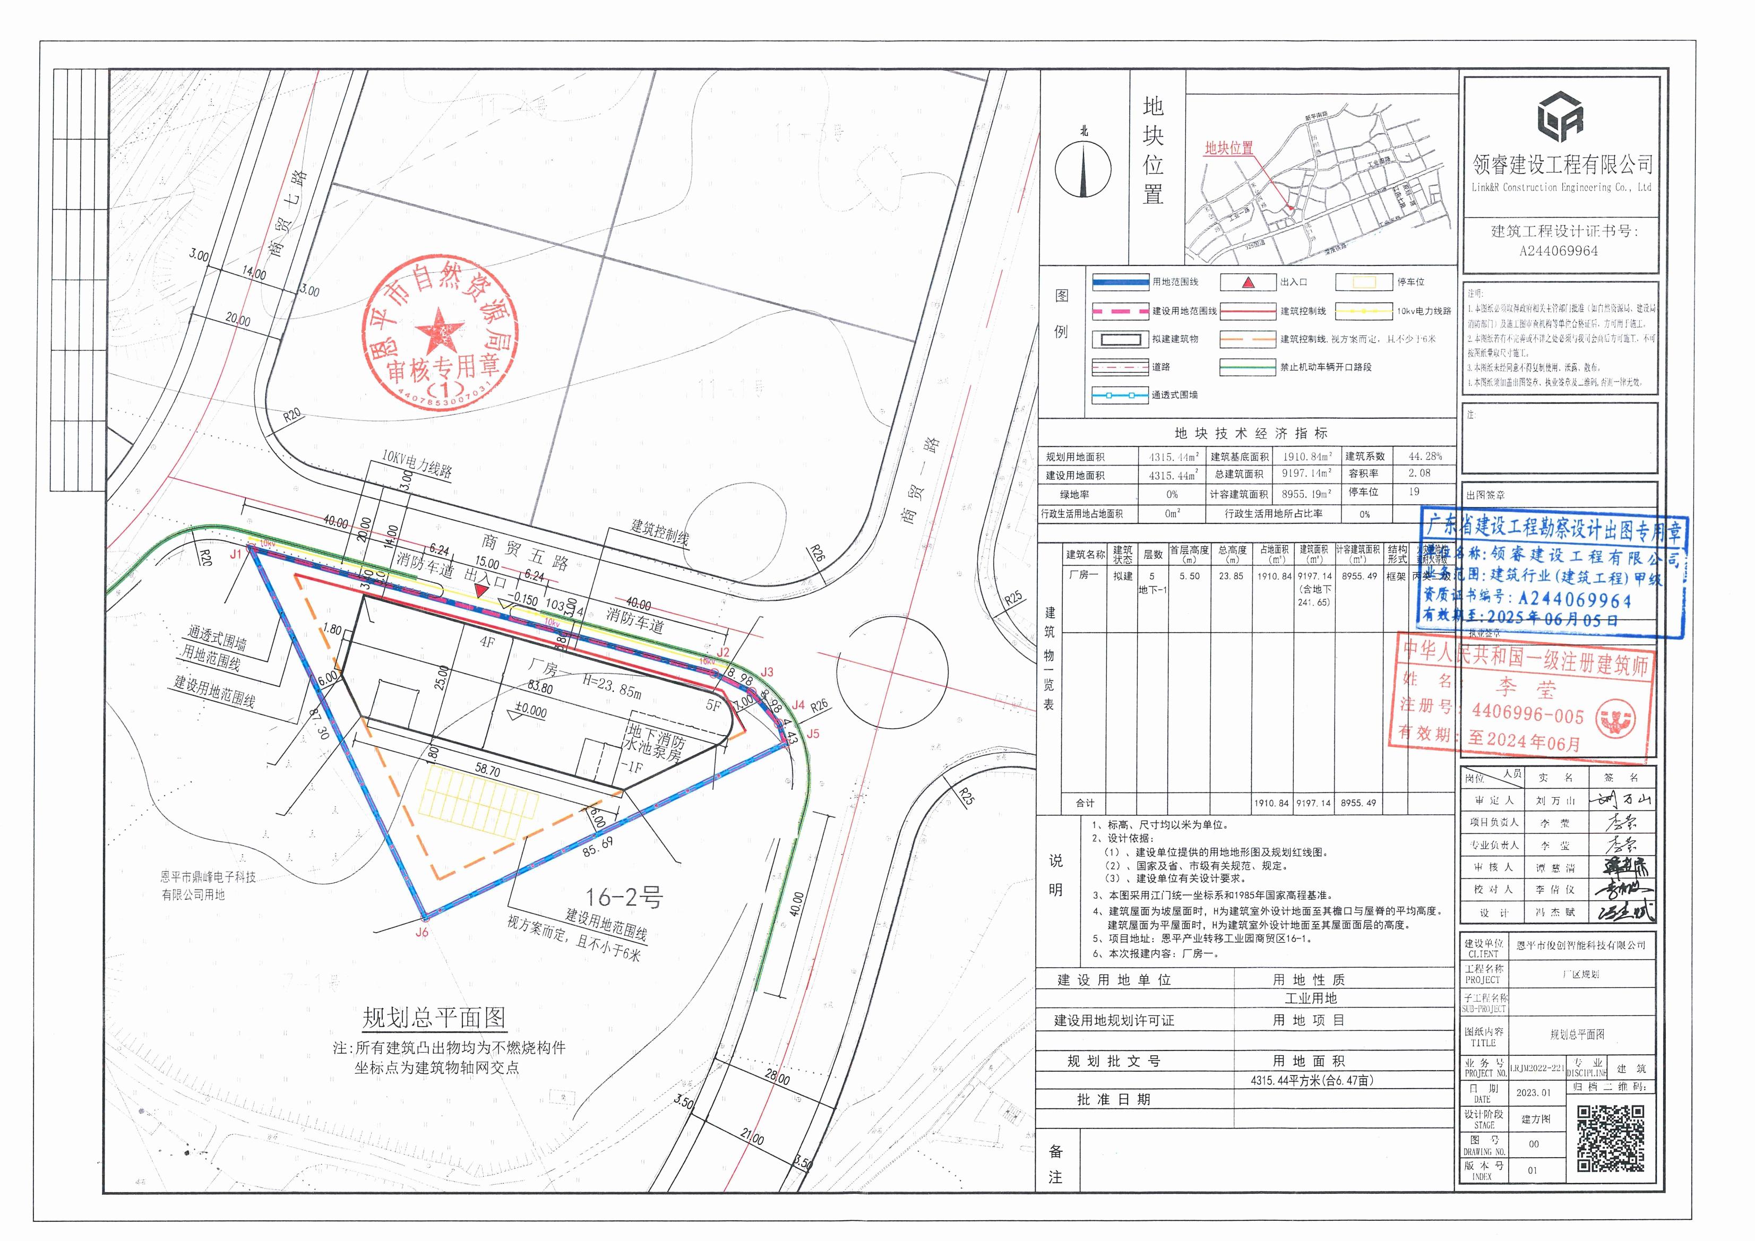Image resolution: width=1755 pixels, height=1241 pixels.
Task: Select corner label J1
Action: click(x=235, y=554)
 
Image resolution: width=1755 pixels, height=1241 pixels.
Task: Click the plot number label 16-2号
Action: click(x=624, y=897)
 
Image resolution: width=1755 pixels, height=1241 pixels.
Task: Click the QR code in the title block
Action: click(x=1610, y=1138)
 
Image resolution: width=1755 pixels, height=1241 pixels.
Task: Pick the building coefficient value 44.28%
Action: click(x=1425, y=456)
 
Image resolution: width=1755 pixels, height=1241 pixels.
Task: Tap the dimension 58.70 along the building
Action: click(x=487, y=770)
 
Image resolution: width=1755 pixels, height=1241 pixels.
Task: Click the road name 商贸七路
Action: click(x=289, y=213)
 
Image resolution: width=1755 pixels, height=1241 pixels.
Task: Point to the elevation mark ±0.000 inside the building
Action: click(x=530, y=711)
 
